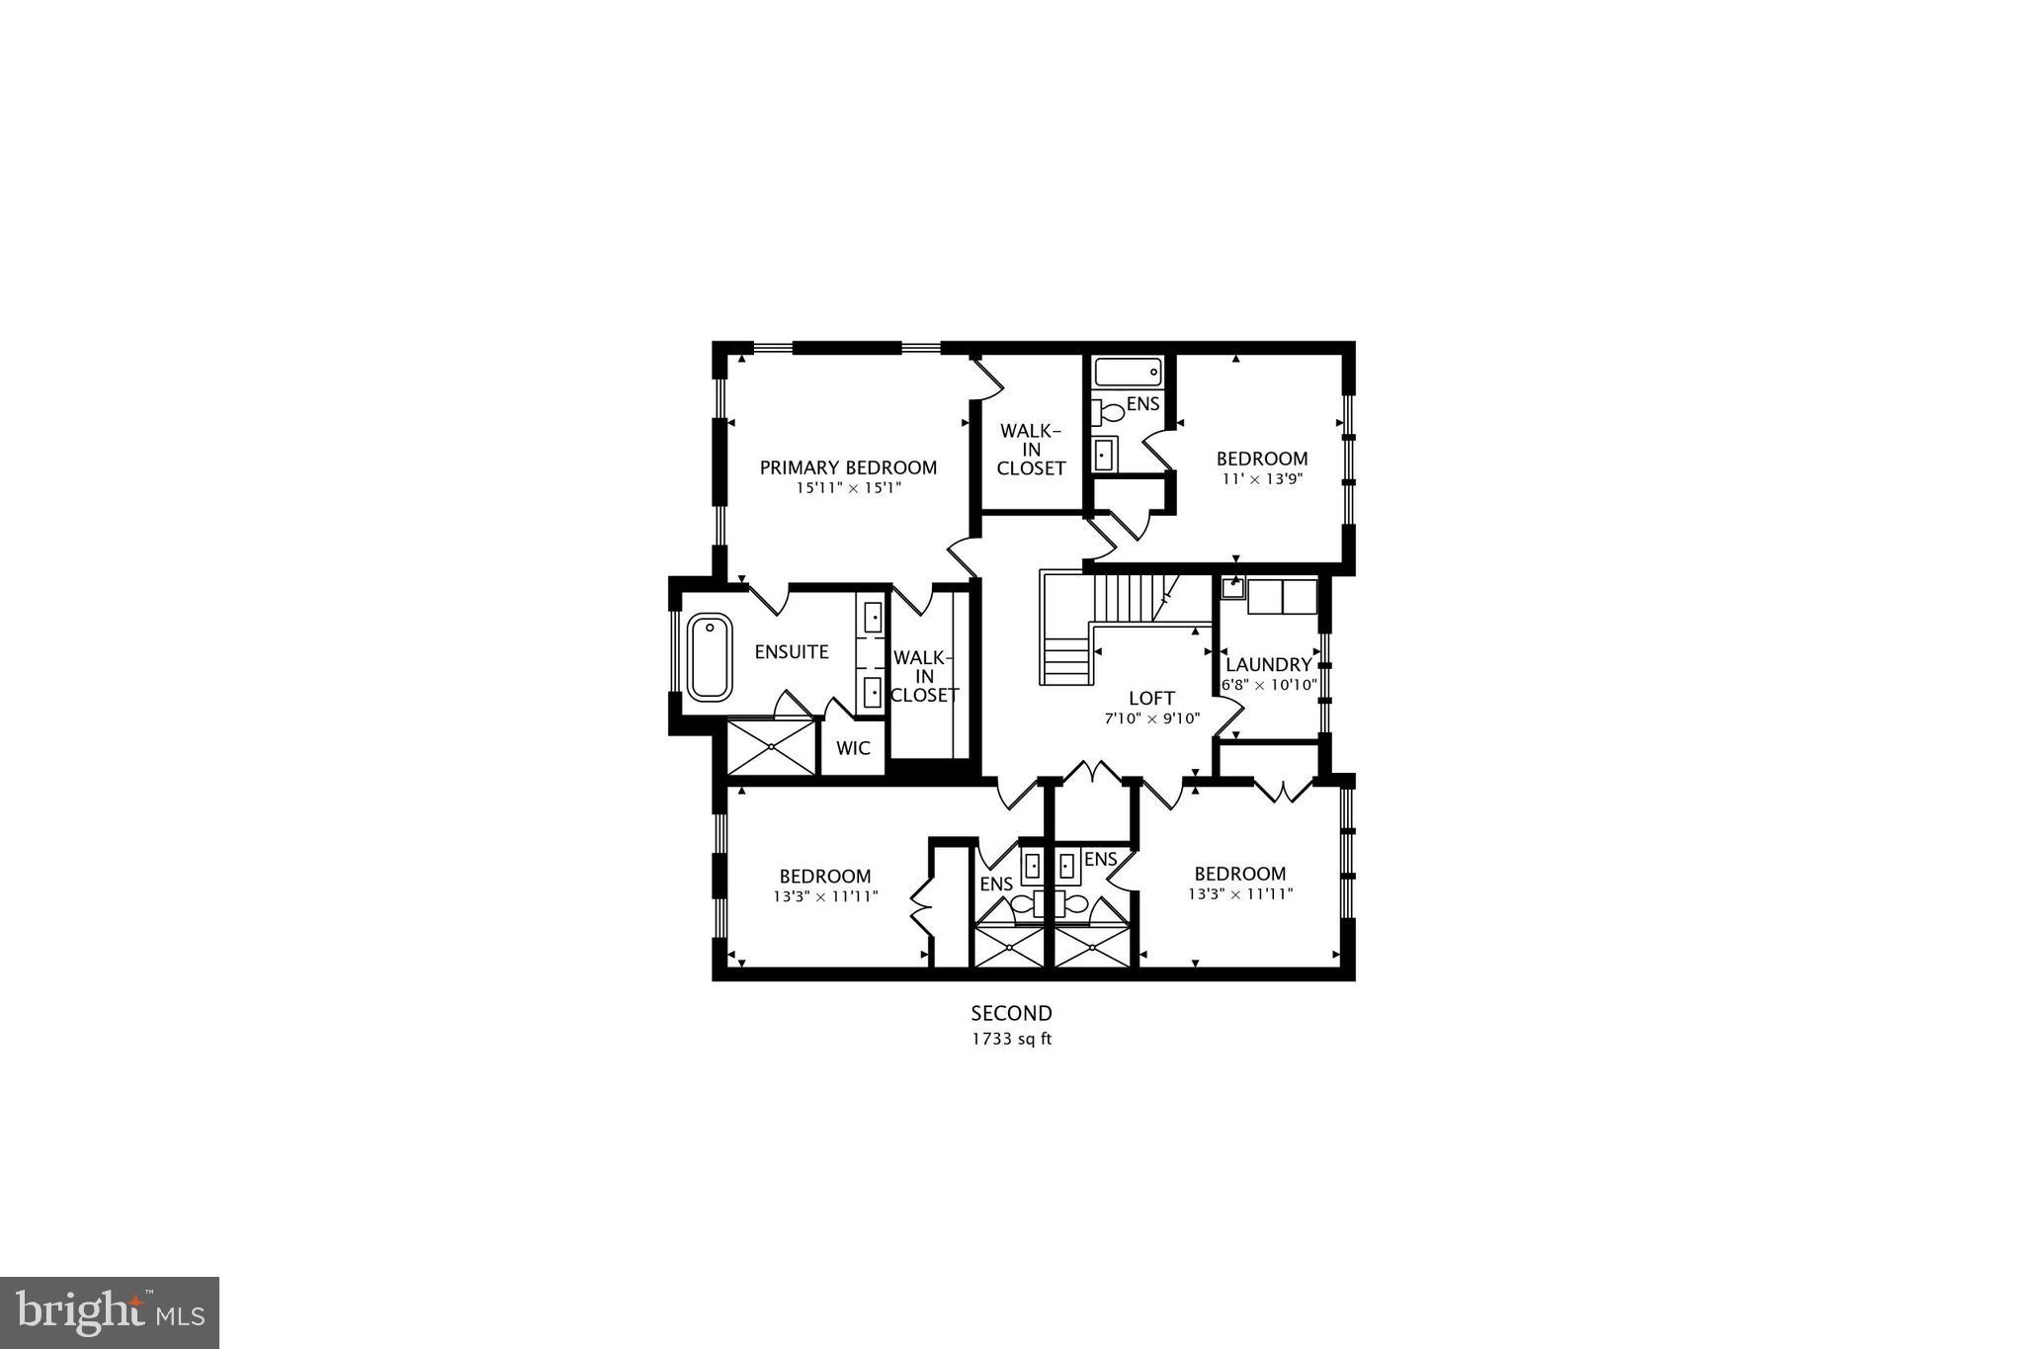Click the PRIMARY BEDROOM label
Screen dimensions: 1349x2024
(x=848, y=467)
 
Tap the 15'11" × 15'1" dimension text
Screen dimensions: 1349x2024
(x=849, y=488)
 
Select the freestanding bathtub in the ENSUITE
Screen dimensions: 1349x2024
(x=710, y=657)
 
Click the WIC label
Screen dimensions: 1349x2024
(x=853, y=748)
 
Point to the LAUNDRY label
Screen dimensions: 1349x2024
(x=1268, y=665)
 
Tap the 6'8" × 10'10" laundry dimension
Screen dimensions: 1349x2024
(x=1269, y=685)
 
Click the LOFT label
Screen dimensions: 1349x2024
(x=1151, y=699)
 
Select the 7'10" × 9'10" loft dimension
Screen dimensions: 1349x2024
(x=1151, y=718)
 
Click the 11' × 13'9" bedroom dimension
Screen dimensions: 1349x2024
(x=1261, y=478)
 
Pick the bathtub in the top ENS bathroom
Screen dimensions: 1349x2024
(x=1127, y=373)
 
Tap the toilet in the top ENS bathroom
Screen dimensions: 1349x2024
(x=1109, y=411)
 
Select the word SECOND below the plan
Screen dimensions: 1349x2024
(x=1011, y=1013)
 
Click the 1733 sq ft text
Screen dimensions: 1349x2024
(x=1011, y=1039)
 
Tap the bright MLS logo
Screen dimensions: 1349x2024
(x=110, y=1312)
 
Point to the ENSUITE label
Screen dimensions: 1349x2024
(x=792, y=652)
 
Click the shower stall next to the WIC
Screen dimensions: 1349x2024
(x=771, y=747)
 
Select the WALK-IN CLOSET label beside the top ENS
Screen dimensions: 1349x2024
(x=1031, y=450)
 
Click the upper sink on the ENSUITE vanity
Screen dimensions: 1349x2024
(x=873, y=617)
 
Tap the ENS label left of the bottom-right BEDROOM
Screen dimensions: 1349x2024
(x=1100, y=859)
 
